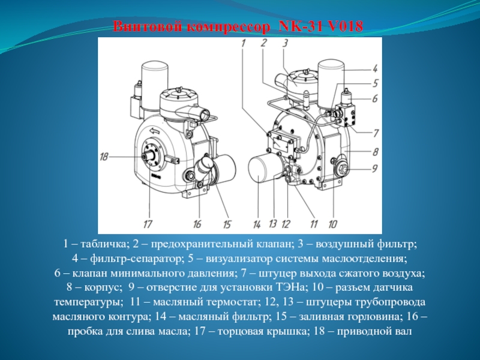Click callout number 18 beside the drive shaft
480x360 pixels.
(104, 157)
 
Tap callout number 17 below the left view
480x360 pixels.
(148, 224)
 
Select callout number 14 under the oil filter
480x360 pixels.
(257, 224)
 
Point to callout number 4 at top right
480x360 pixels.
(375, 68)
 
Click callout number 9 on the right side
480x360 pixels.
(374, 169)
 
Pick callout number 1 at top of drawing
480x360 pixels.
(244, 43)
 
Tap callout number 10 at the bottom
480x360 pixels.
(333, 224)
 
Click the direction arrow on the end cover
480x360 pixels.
(155, 131)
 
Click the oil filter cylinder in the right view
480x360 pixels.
(259, 169)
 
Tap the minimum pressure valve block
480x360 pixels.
(346, 114)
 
